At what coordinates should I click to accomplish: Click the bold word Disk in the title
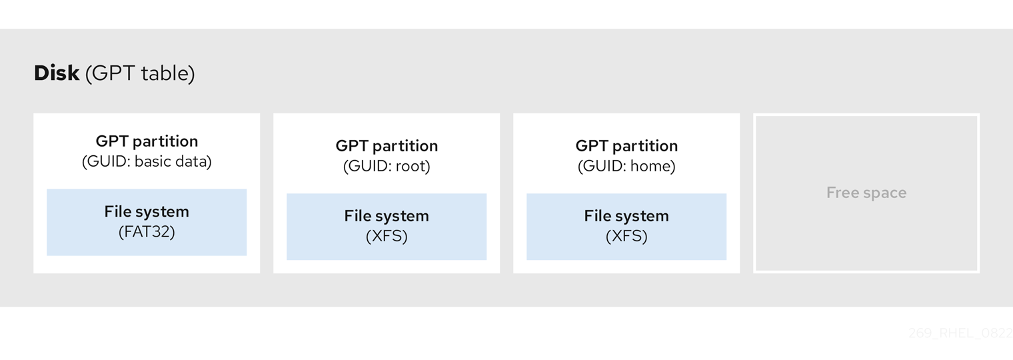click(x=57, y=73)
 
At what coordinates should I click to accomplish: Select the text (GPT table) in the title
click(x=140, y=73)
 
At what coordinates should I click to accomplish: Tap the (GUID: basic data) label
click(x=147, y=162)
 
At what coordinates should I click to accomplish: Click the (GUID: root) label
click(x=387, y=167)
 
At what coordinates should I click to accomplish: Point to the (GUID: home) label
click(x=626, y=167)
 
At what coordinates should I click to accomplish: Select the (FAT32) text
click(x=147, y=232)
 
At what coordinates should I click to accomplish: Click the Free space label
click(x=866, y=193)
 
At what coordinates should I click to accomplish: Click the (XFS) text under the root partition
click(x=387, y=237)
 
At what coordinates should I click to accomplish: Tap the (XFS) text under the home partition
click(x=626, y=237)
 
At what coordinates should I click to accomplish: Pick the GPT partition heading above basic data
click(x=147, y=141)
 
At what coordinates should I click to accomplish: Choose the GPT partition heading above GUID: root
click(x=387, y=146)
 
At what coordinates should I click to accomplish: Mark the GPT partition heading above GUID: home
click(x=626, y=146)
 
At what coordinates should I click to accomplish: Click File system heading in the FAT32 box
click(x=147, y=212)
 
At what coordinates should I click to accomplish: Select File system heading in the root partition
click(x=387, y=216)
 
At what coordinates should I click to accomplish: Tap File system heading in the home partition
click(x=626, y=216)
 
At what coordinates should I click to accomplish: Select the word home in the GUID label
click(x=651, y=167)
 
